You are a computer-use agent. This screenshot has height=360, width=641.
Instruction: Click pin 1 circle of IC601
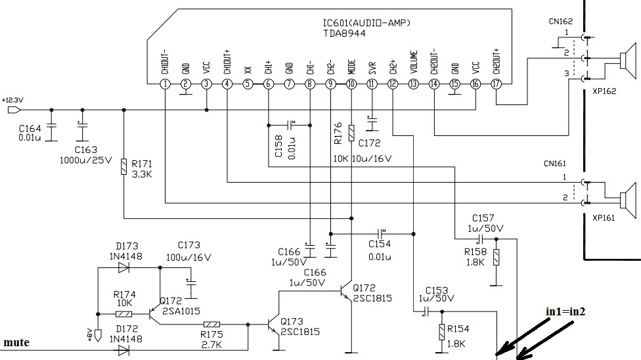(x=165, y=84)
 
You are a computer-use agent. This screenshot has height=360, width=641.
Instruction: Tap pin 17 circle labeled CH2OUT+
(x=497, y=84)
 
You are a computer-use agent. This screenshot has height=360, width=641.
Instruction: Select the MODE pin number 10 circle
(x=351, y=84)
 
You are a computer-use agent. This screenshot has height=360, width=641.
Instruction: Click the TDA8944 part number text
(x=344, y=34)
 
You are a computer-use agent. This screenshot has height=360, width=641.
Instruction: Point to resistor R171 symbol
(x=124, y=167)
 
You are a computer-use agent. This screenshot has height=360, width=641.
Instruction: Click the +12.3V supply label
(x=12, y=100)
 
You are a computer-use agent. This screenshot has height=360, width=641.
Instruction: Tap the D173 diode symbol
(x=123, y=268)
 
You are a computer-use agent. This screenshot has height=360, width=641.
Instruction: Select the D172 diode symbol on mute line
(x=123, y=350)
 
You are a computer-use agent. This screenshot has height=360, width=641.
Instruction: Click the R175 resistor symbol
(x=211, y=325)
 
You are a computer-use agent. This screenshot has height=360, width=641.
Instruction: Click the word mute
(x=16, y=342)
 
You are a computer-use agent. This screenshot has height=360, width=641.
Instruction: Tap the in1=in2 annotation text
(x=565, y=312)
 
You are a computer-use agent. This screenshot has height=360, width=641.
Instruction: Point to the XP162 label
(x=604, y=91)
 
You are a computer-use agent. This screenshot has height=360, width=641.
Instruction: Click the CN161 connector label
(x=555, y=164)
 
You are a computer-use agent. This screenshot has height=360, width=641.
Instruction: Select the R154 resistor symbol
(x=442, y=332)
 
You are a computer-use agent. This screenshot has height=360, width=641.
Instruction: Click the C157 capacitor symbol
(x=481, y=239)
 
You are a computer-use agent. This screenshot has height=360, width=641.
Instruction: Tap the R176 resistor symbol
(x=351, y=133)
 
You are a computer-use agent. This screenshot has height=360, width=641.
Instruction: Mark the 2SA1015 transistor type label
(x=181, y=311)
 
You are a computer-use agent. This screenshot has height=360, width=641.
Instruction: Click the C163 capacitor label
(x=86, y=150)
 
